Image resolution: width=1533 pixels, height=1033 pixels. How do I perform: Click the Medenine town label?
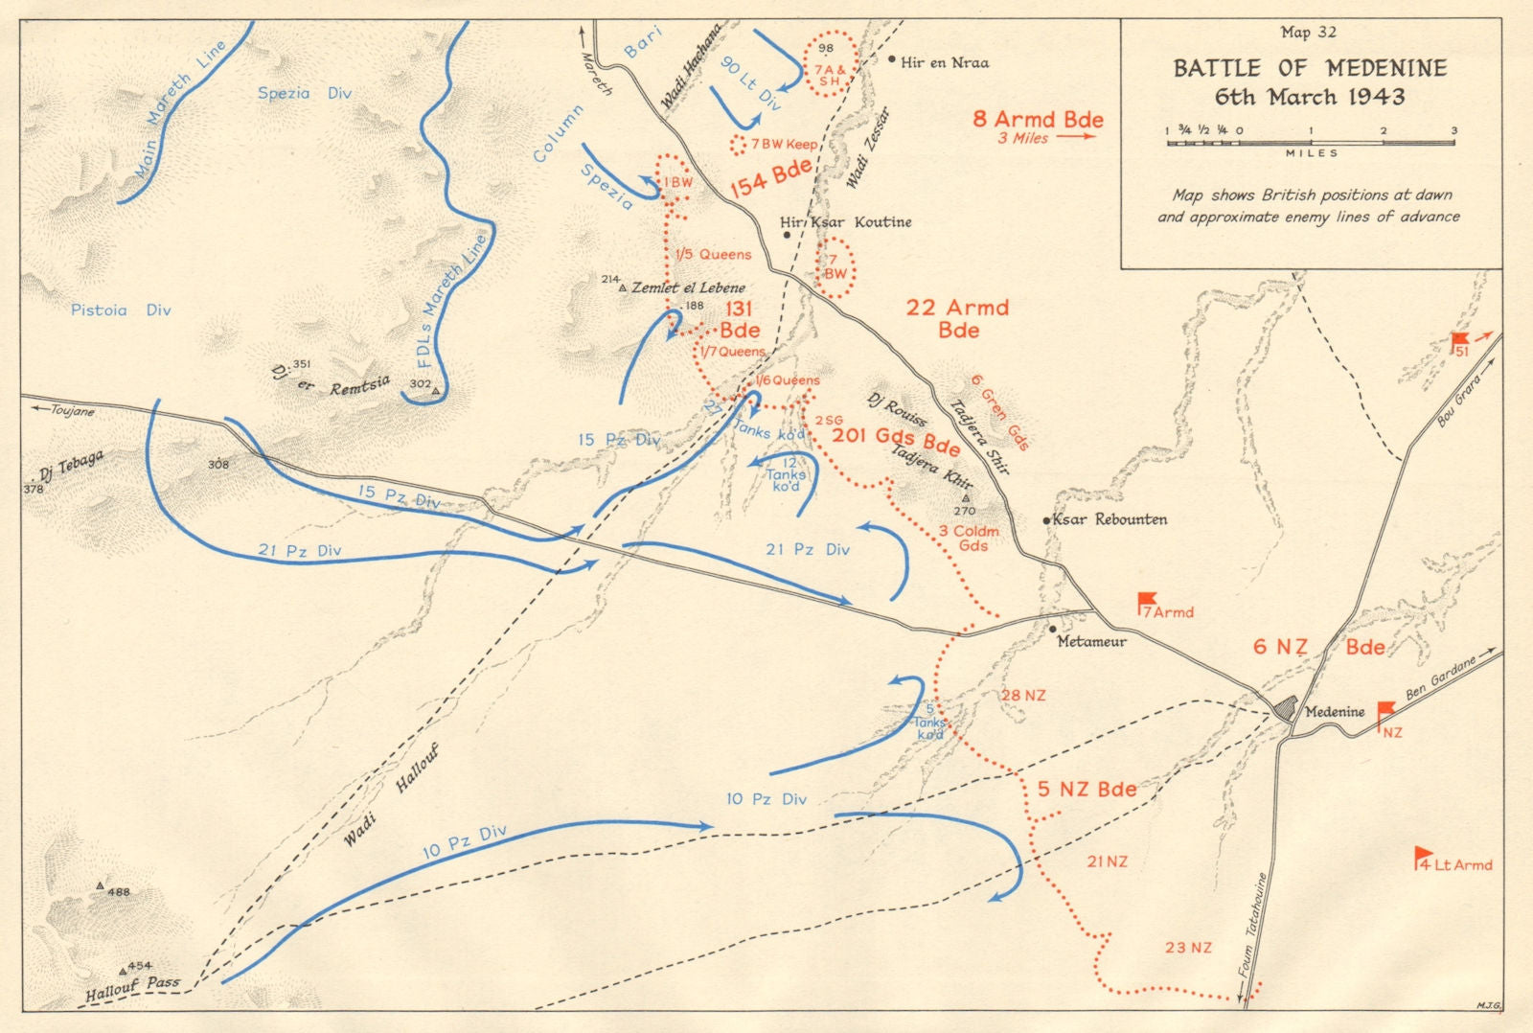(x=1335, y=712)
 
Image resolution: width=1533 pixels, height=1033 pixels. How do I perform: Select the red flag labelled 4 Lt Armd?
(x=1423, y=857)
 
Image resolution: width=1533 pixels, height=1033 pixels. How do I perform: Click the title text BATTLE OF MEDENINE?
(x=1310, y=68)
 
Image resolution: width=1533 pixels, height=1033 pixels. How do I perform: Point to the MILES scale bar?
(x=1310, y=143)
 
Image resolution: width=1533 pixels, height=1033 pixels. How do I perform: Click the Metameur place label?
(x=1091, y=641)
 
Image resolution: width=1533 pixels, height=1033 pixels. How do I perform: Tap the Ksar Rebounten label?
(x=1110, y=519)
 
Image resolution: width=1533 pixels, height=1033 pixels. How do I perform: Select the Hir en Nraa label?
(x=944, y=62)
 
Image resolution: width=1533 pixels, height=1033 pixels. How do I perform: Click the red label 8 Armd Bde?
(x=1038, y=119)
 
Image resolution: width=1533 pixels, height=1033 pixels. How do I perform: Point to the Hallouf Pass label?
(x=132, y=988)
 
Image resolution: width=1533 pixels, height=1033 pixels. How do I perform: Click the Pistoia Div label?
(x=121, y=310)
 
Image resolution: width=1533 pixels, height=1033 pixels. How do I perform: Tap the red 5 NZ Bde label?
(x=1087, y=790)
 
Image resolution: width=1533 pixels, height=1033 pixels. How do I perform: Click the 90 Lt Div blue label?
(x=751, y=83)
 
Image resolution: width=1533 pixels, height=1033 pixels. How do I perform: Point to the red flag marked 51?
(x=1459, y=341)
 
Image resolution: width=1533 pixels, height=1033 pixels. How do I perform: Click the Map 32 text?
(x=1308, y=33)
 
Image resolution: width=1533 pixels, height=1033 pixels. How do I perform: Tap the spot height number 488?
(x=119, y=892)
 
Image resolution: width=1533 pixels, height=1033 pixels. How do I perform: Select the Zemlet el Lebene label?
(x=688, y=287)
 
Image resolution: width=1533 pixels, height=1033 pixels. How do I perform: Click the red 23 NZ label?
(x=1188, y=948)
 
